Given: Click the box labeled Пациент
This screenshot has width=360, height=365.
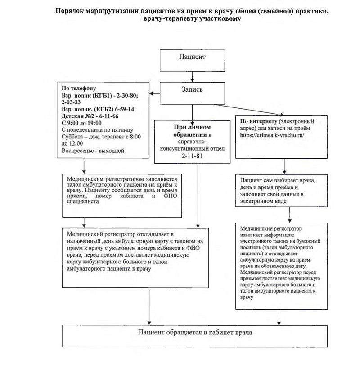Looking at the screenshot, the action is point(192,61).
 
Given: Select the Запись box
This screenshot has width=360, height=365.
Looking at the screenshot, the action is point(192,93).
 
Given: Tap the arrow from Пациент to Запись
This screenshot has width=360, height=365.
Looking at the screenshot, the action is point(192,77).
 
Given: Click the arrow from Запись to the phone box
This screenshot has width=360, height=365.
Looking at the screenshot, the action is point(154,93).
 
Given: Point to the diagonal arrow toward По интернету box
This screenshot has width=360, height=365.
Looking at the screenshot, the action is point(249,110).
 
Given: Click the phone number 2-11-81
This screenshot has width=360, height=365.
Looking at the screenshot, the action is point(192,156).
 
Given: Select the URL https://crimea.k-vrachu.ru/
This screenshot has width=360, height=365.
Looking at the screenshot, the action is point(272,135).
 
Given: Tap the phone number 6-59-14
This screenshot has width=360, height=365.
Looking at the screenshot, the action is point(125,109).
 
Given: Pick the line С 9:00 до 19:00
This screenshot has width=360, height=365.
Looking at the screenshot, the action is point(81,123).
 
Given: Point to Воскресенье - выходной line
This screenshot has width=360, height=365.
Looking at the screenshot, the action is point(93,151).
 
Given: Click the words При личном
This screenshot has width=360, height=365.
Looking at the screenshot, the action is point(192,127).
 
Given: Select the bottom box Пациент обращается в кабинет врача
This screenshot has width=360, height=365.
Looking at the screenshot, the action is point(195,336).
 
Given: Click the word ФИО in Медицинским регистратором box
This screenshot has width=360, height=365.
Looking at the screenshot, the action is point(170,196).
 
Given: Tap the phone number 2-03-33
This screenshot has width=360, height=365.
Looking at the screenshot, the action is point(71,102).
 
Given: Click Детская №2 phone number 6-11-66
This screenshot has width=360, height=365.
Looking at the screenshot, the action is point(109,116).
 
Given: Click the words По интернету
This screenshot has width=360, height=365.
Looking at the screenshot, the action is point(259,121).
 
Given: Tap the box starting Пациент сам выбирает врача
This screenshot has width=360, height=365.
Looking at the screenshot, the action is point(282,191).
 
